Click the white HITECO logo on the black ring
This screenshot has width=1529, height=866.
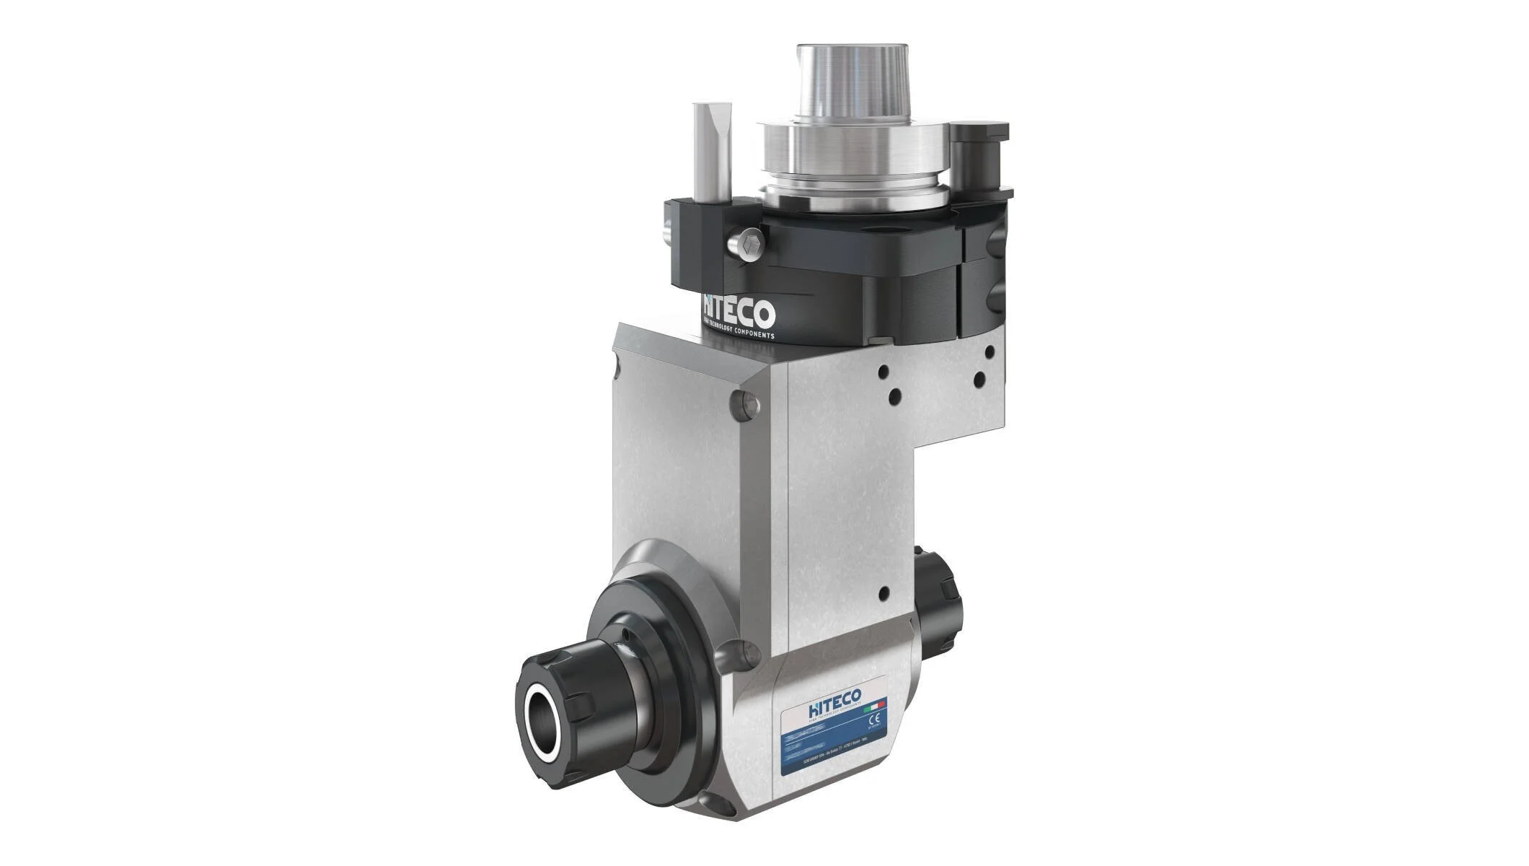(739, 312)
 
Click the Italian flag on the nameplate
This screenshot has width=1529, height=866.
(878, 703)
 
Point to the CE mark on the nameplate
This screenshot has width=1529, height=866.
(876, 720)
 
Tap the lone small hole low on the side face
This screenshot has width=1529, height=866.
(883, 593)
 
